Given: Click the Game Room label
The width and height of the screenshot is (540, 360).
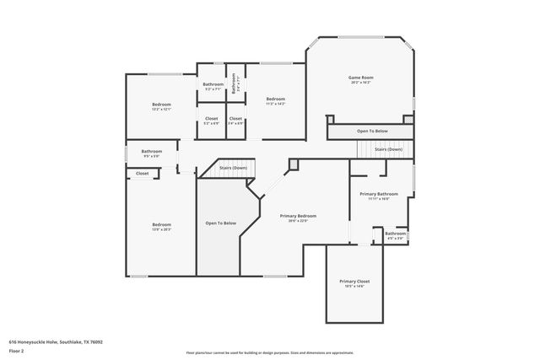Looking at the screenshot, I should tap(361, 78).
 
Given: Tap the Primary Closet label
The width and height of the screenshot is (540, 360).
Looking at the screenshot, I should tap(354, 281).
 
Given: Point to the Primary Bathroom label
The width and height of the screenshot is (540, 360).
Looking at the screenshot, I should tap(378, 194).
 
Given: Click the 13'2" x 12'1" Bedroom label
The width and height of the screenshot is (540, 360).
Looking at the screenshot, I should tap(161, 104).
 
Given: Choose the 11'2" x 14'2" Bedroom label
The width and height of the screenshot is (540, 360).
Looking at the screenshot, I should tap(276, 99).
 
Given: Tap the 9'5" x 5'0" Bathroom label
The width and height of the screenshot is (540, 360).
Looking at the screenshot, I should tap(152, 152).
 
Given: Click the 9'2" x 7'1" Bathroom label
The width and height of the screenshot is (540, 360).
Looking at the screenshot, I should tap(213, 84).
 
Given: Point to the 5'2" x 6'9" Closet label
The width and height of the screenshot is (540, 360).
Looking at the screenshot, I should tap(212, 119).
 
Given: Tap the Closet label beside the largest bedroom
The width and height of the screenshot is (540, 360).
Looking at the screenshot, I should tap(142, 174).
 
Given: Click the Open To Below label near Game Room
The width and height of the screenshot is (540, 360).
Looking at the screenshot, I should tap(372, 132).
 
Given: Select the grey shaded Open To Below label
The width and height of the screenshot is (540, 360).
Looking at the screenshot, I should tap(221, 223).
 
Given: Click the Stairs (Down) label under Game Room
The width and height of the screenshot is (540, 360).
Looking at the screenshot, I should tap(389, 149).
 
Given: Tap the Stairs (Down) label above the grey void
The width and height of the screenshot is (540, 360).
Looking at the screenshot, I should tap(233, 168).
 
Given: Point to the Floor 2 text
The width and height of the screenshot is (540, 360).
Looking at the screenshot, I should tap(17, 350).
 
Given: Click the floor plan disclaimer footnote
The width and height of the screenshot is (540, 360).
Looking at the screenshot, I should tap(270, 352).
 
